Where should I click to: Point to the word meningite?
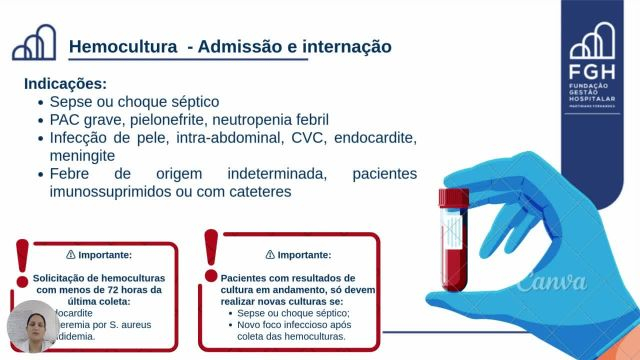click(83, 156)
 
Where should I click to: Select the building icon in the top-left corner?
click(34, 44)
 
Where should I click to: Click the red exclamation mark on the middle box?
click(211, 255)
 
